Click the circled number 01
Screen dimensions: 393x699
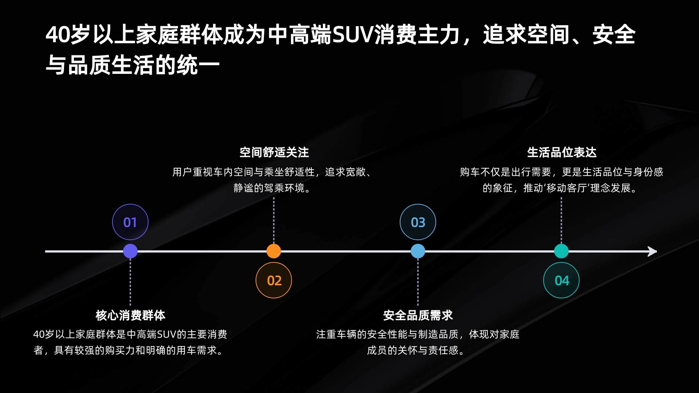click(130, 222)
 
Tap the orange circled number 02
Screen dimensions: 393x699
click(274, 280)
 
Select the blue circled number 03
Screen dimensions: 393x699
click(418, 222)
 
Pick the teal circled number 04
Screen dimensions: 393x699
click(561, 280)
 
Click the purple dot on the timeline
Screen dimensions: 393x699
click(130, 251)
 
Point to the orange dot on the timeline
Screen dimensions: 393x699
click(274, 251)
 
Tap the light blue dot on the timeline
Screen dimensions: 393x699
click(418, 251)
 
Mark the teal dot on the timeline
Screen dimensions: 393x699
click(561, 251)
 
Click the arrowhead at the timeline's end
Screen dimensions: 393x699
click(653, 251)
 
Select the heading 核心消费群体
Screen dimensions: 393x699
click(130, 315)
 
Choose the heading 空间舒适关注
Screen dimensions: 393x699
click(274, 152)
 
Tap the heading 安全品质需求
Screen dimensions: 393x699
click(418, 315)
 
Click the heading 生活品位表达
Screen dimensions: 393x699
click(562, 152)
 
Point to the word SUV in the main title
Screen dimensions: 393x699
click(353, 35)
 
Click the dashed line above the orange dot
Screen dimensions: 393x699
click(274, 220)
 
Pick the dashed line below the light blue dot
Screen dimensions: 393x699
click(418, 282)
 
